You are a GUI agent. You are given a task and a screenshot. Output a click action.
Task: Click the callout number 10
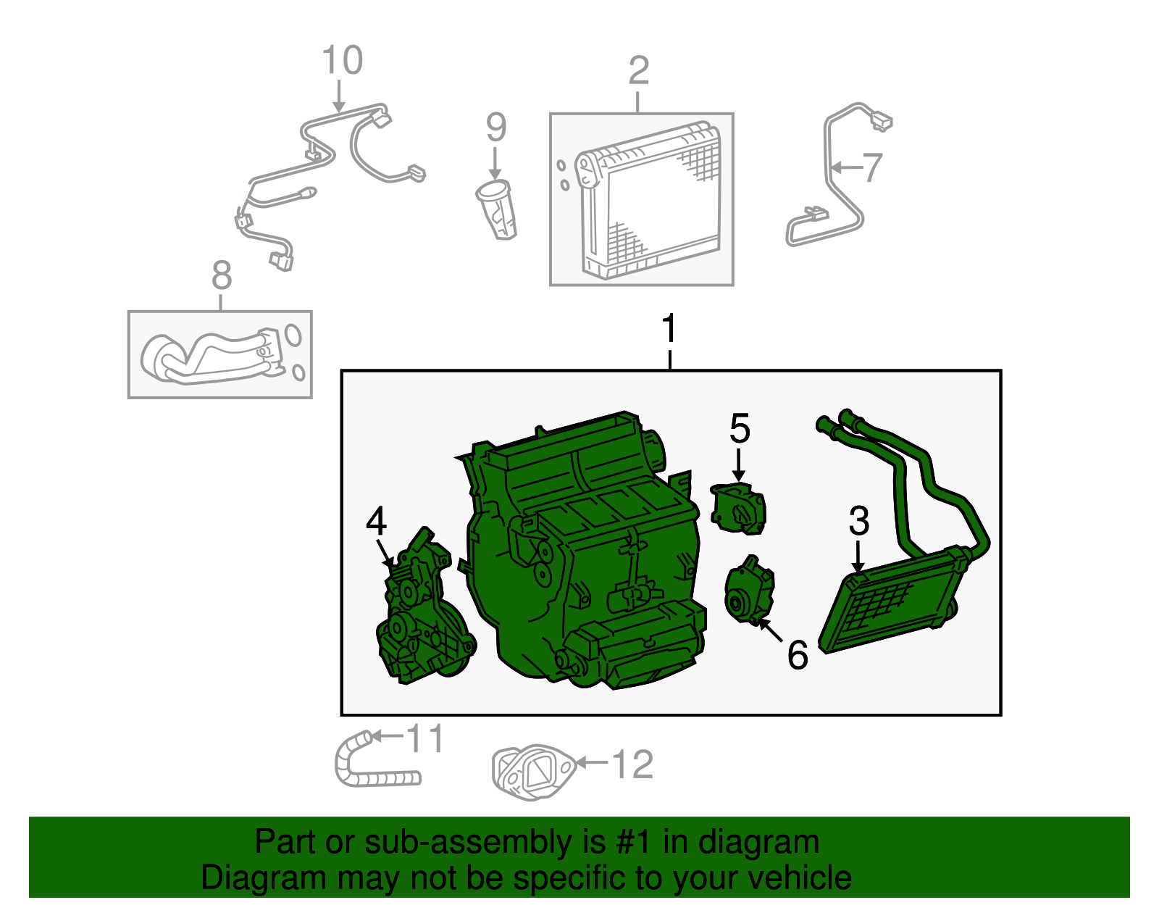click(342, 61)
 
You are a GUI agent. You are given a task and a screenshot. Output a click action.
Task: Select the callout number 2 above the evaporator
click(638, 71)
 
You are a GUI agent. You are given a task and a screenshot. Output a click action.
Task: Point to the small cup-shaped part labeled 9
click(498, 211)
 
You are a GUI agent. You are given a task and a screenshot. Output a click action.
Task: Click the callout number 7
click(872, 167)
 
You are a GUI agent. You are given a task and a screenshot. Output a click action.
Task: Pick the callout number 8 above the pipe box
click(222, 276)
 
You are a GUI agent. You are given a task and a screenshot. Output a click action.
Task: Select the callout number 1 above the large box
click(669, 329)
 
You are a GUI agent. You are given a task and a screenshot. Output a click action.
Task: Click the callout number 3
click(858, 521)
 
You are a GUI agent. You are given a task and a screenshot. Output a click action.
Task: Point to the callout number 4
click(376, 522)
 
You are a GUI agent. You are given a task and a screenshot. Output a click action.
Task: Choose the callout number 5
click(739, 429)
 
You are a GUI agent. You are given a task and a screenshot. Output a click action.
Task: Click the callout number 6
click(797, 655)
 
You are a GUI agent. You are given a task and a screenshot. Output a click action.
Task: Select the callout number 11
click(425, 739)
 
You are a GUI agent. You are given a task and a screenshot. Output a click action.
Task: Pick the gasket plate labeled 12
click(532, 772)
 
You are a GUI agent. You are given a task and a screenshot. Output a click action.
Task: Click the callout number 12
click(632, 764)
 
